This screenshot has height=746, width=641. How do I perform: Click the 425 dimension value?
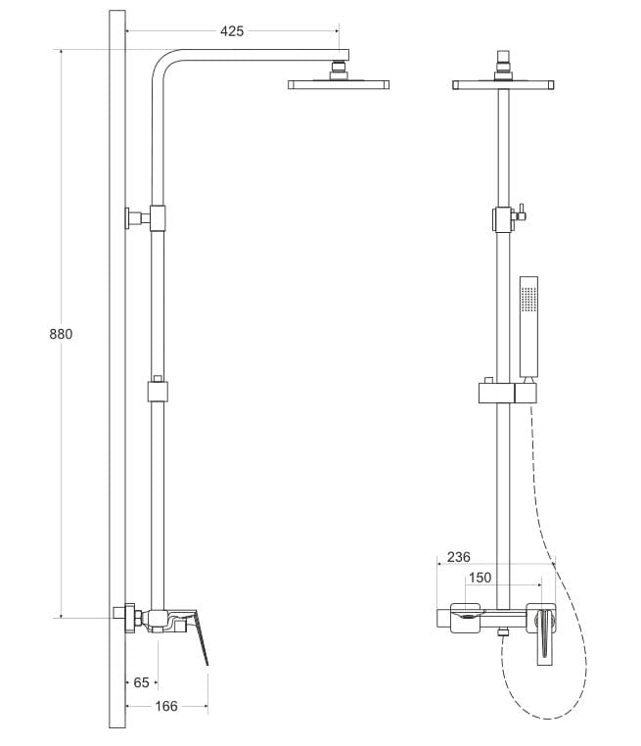point(232,30)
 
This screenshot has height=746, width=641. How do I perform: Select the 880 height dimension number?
point(61,334)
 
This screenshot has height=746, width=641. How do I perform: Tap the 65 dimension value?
point(141,681)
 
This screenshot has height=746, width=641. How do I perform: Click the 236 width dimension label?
point(458,557)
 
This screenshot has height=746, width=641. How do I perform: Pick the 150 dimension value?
point(480,578)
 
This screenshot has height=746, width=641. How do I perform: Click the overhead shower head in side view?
point(339,85)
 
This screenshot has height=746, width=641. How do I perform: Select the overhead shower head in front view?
point(504,85)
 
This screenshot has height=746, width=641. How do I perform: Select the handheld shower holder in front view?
point(507,394)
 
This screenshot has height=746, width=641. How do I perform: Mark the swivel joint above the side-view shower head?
point(340,69)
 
